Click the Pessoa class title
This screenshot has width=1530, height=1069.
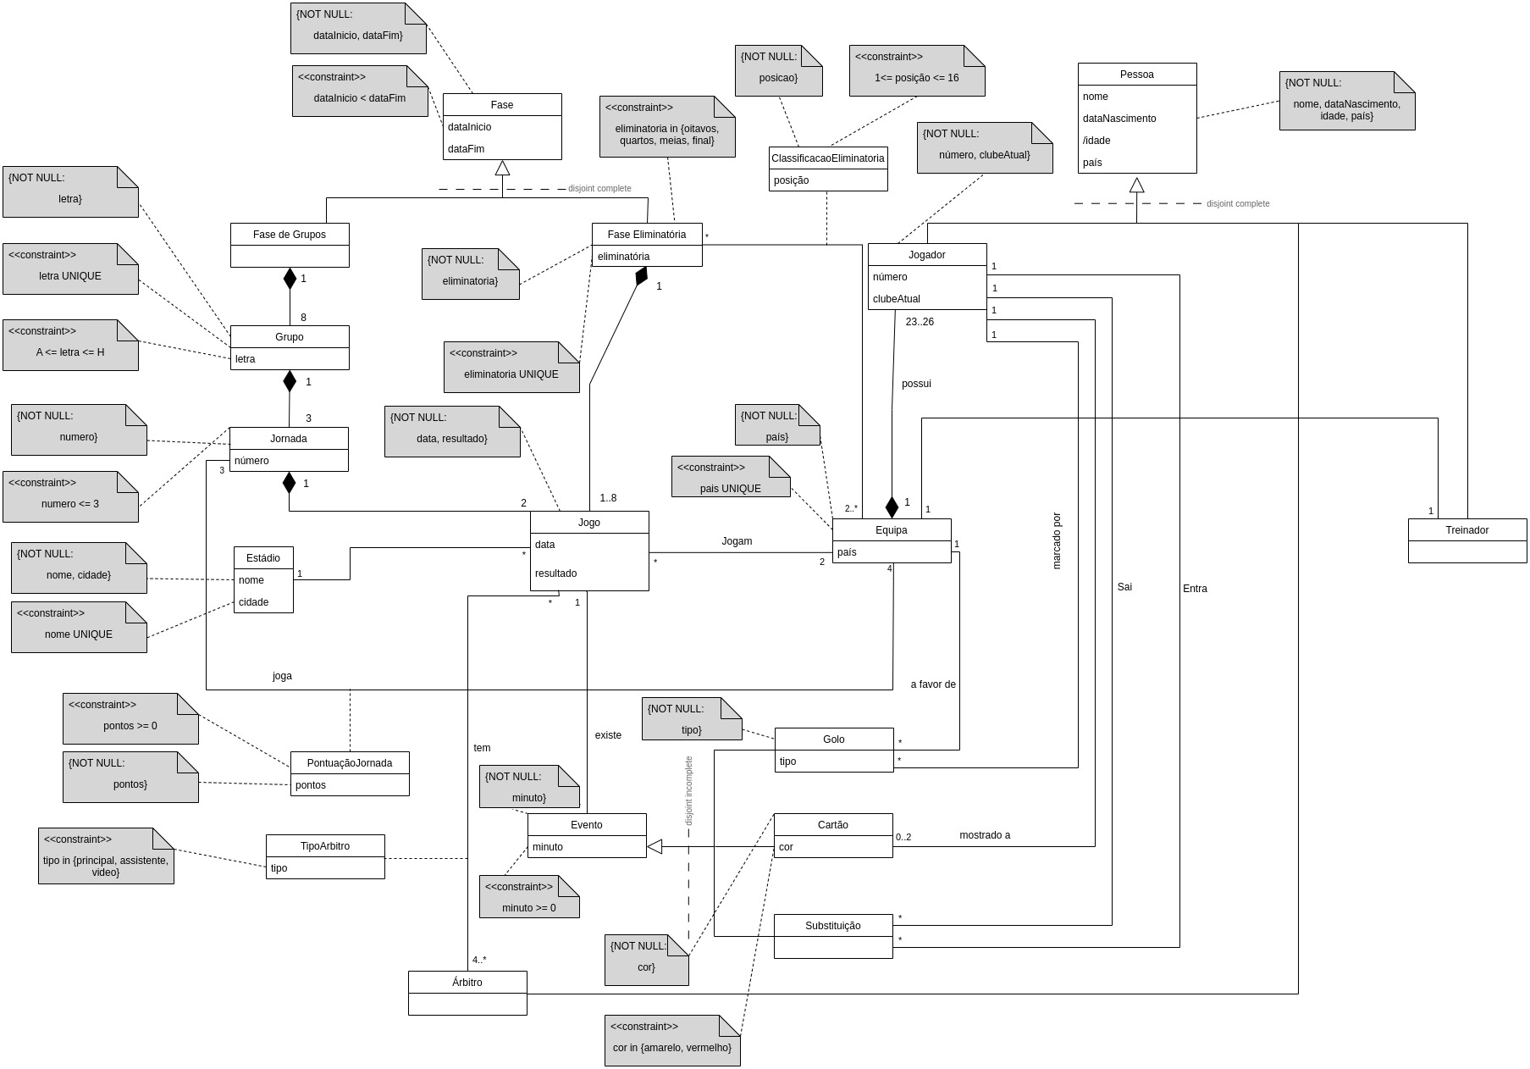pyautogui.click(x=1136, y=75)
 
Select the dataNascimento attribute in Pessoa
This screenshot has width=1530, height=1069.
pyautogui.click(x=1119, y=119)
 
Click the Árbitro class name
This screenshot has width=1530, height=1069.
pyautogui.click(x=467, y=983)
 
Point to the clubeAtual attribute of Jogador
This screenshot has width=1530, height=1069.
pyautogui.click(x=897, y=299)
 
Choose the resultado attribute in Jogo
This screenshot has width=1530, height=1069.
pyautogui.click(x=555, y=573)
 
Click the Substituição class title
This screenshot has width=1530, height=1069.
pyautogui.click(x=832, y=926)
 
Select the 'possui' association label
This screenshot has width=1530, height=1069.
pyautogui.click(x=916, y=384)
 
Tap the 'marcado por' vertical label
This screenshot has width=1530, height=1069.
pyautogui.click(x=1056, y=540)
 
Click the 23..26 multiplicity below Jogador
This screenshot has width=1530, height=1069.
pyautogui.click(x=920, y=322)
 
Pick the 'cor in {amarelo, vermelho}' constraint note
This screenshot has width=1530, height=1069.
pyautogui.click(x=672, y=1040)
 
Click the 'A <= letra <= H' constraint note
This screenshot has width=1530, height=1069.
pyautogui.click(x=70, y=345)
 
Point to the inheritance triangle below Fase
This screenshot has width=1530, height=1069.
pyautogui.click(x=502, y=168)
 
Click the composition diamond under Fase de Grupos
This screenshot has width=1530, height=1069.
pyautogui.click(x=290, y=278)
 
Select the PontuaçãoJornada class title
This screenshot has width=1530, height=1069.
pyautogui.click(x=350, y=763)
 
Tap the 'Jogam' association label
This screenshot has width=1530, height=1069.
pyautogui.click(x=737, y=541)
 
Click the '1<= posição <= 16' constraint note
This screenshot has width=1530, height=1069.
pyautogui.click(x=917, y=70)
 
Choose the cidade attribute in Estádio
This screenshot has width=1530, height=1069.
pyautogui.click(x=254, y=602)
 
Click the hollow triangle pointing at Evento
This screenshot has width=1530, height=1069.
pyautogui.click(x=655, y=846)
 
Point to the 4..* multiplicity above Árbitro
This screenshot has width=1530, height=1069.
pyautogui.click(x=479, y=960)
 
